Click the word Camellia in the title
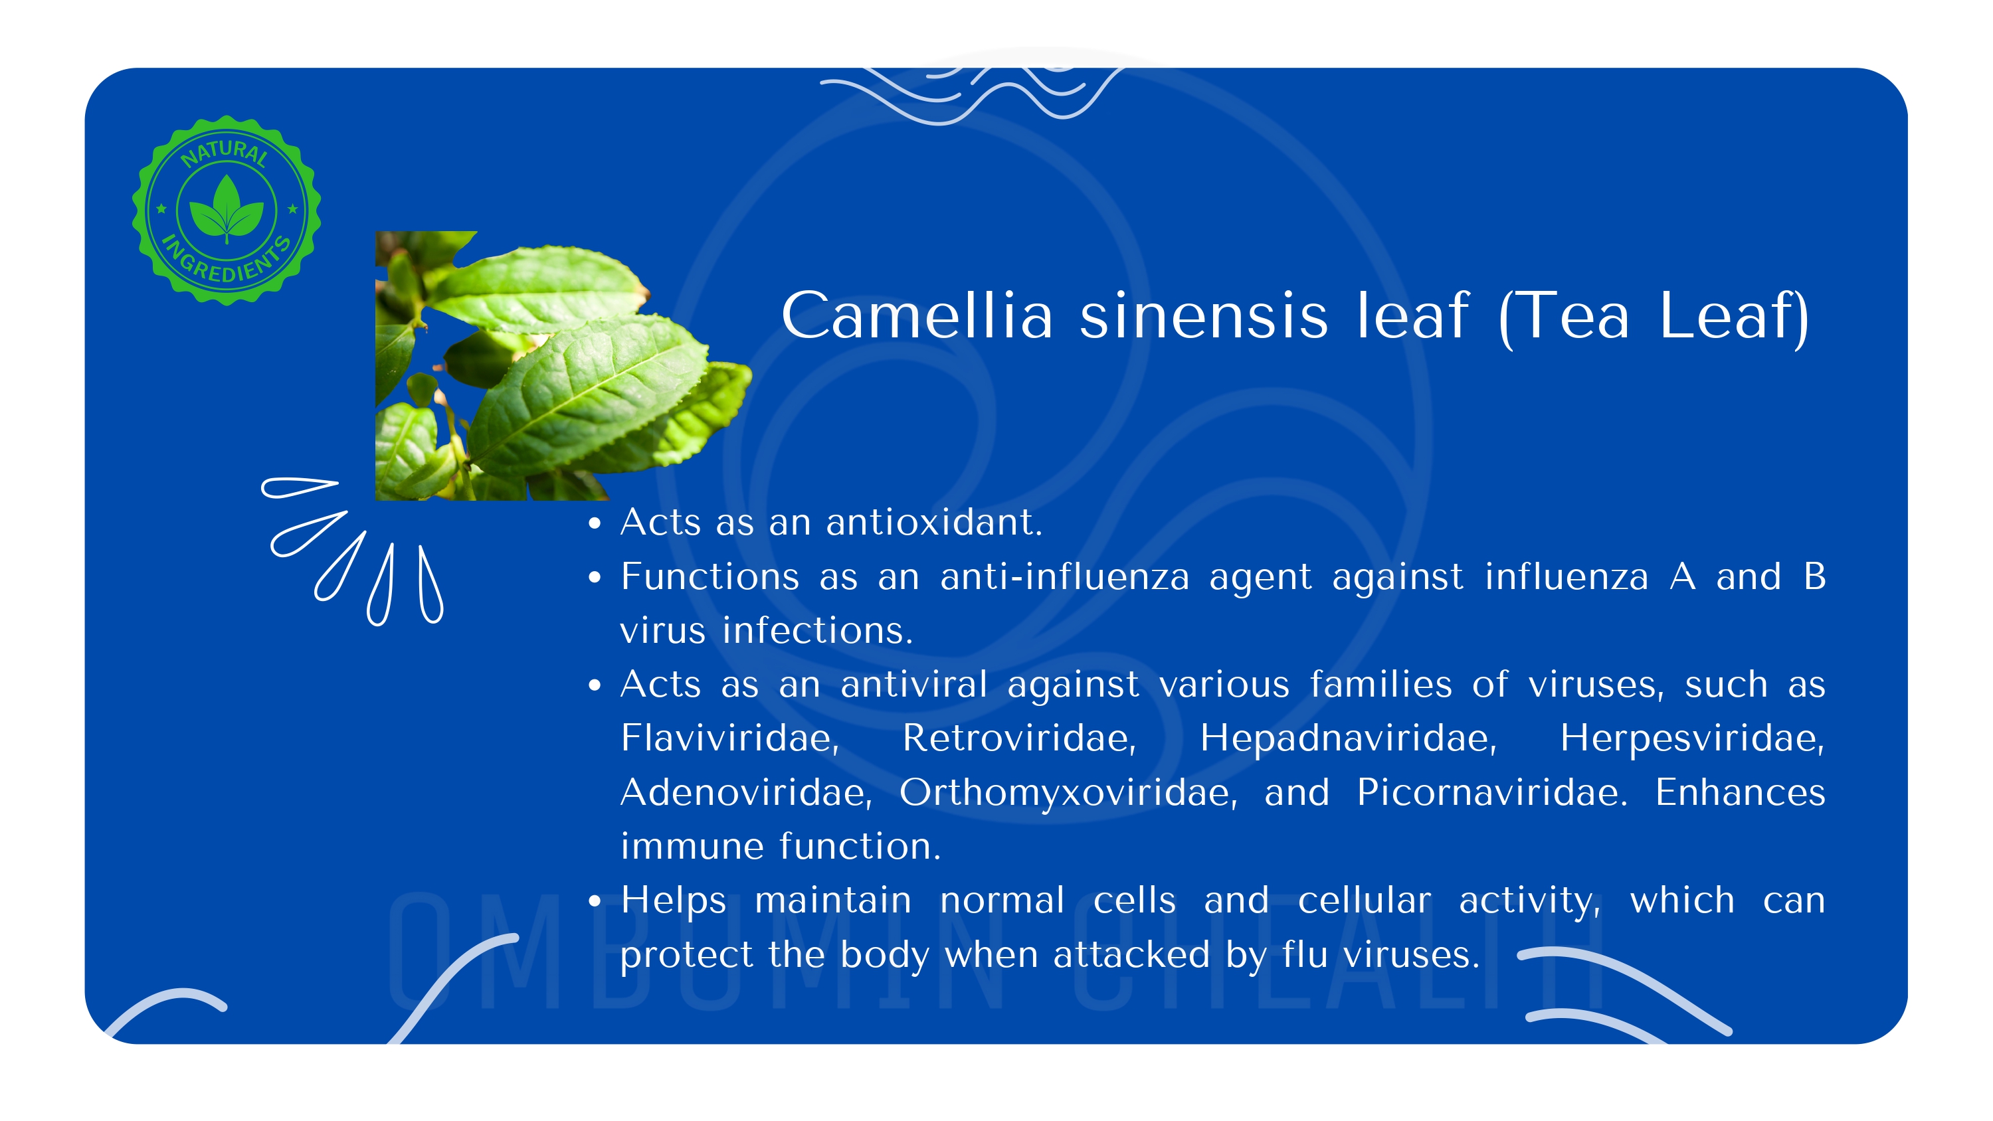tap(917, 315)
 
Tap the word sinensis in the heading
tap(1204, 315)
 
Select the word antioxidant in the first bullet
tap(934, 522)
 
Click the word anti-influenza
tap(1064, 576)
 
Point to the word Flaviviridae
tap(729, 737)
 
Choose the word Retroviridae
tap(1019, 737)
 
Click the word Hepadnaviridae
tap(1348, 737)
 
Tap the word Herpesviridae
tap(1692, 737)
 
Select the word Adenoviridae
tap(747, 792)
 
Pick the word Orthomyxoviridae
tap(1068, 792)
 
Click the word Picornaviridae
tap(1491, 792)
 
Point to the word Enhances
tap(1740, 792)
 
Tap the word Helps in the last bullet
tap(673, 900)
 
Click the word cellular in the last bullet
tap(1364, 900)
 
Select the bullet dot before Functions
tap(594, 577)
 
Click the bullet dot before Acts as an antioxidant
tap(594, 523)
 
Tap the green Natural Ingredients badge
tap(227, 211)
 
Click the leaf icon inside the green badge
tap(227, 207)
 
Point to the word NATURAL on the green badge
tap(225, 152)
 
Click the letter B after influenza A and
tap(1814, 576)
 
